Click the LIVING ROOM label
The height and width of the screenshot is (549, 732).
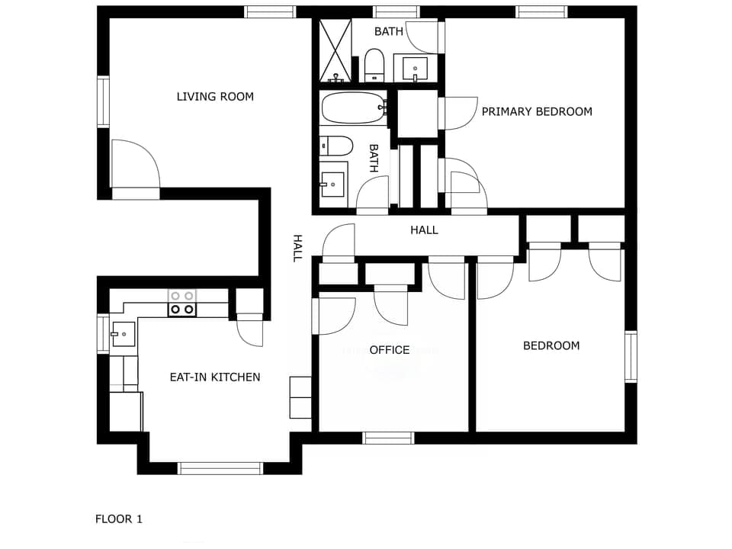tap(215, 97)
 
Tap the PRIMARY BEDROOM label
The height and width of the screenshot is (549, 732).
tap(537, 111)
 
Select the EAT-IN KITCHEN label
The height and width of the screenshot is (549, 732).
tap(215, 377)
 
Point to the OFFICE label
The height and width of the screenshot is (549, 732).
tap(390, 350)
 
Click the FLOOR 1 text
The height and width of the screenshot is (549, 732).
tap(119, 519)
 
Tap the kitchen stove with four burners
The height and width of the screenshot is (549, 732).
tap(181, 303)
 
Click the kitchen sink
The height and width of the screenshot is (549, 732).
tap(123, 334)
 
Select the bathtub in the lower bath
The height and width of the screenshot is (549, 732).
tap(353, 108)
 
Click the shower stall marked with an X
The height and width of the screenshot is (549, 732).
tap(334, 50)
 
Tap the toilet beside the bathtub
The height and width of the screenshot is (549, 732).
tap(336, 145)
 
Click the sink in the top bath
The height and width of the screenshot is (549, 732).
tap(416, 68)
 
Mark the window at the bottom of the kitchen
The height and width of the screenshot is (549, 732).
tap(220, 468)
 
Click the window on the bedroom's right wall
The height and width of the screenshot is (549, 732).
tap(631, 356)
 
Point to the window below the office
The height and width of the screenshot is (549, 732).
tap(388, 438)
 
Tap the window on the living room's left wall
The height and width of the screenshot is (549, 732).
tap(103, 101)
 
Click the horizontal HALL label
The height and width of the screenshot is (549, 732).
tap(424, 230)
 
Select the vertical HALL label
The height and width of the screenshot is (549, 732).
tap(297, 248)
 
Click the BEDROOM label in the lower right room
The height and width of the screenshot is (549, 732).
tap(551, 345)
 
